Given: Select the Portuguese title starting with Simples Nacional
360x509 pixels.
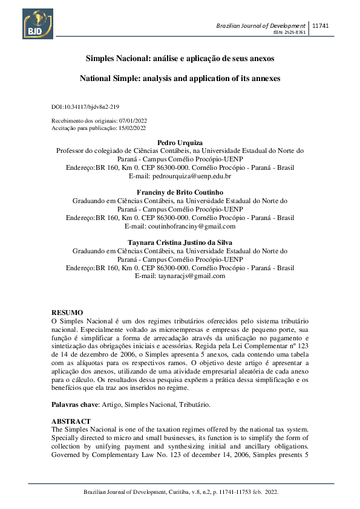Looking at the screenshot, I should (x=180, y=59).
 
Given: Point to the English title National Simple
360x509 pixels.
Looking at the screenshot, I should (x=180, y=79).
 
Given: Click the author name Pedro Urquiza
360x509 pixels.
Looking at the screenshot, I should (x=180, y=143).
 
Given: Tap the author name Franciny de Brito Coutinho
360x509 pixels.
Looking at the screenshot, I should (x=180, y=192).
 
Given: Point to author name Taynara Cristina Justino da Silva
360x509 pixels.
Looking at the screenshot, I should (x=180, y=242).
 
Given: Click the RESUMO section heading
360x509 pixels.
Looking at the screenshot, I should (x=67, y=311).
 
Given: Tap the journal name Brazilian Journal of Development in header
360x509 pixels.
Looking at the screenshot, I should (x=261, y=25).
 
